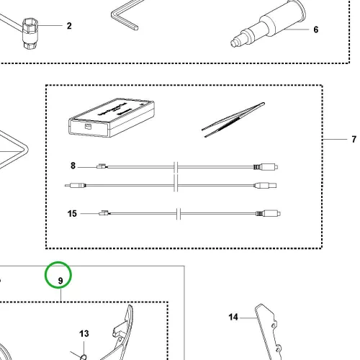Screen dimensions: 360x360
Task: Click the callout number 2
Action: coord(69,26)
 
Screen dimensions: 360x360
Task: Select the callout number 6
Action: coord(316,30)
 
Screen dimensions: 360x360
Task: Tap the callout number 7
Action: coord(354,139)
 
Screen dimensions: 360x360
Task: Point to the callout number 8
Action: coord(73,166)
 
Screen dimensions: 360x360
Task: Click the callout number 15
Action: coord(72,214)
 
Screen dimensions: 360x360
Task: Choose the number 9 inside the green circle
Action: coord(60,281)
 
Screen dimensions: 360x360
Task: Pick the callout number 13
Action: coord(84,333)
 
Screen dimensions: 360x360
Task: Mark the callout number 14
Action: coord(233,317)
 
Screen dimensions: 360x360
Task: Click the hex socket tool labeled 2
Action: coord(30,34)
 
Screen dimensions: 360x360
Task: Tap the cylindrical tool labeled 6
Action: coord(268,24)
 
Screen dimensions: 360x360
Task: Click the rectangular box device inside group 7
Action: coord(112,117)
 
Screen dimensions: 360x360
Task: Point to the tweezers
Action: coord(233,120)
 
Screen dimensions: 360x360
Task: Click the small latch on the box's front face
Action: coord(88,126)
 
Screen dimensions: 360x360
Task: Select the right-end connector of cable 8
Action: coord(266,166)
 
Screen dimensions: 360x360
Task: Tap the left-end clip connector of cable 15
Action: coord(104,213)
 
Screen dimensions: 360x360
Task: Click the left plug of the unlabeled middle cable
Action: coord(76,186)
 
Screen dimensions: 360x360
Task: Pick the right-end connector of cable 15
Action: coord(269,213)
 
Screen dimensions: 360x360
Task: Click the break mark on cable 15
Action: coord(179,213)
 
